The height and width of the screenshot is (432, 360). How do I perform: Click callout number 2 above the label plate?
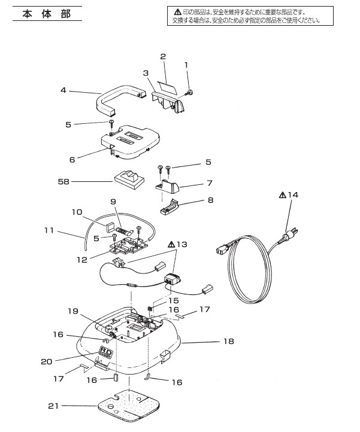pos(163,57)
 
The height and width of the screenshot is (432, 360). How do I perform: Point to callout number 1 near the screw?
pos(186,64)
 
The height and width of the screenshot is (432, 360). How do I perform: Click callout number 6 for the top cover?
pos(72,160)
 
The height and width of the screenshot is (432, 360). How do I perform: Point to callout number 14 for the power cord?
pos(294,194)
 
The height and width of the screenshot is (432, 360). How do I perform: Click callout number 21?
pos(53,406)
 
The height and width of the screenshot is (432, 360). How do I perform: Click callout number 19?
pos(72,311)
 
